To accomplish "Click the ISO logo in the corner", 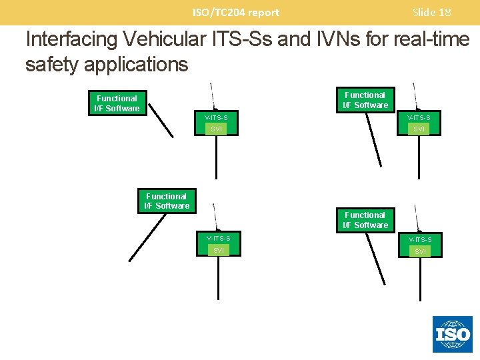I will coord(453,334).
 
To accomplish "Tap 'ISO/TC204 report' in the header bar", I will coord(236,12).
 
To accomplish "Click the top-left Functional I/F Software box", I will coord(117,103).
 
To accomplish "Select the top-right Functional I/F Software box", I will coord(365,100).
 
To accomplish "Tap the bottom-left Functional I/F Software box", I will coord(167,201).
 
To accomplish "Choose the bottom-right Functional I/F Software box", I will coord(365,220).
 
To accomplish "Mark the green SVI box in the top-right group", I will coord(419,129).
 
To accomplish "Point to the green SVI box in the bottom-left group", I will coord(218,250).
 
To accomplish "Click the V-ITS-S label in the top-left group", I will coord(216,118).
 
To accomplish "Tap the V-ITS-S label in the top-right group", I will coord(419,118).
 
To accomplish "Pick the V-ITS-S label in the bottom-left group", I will coord(218,238).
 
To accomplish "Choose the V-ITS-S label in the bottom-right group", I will coord(419,239).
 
